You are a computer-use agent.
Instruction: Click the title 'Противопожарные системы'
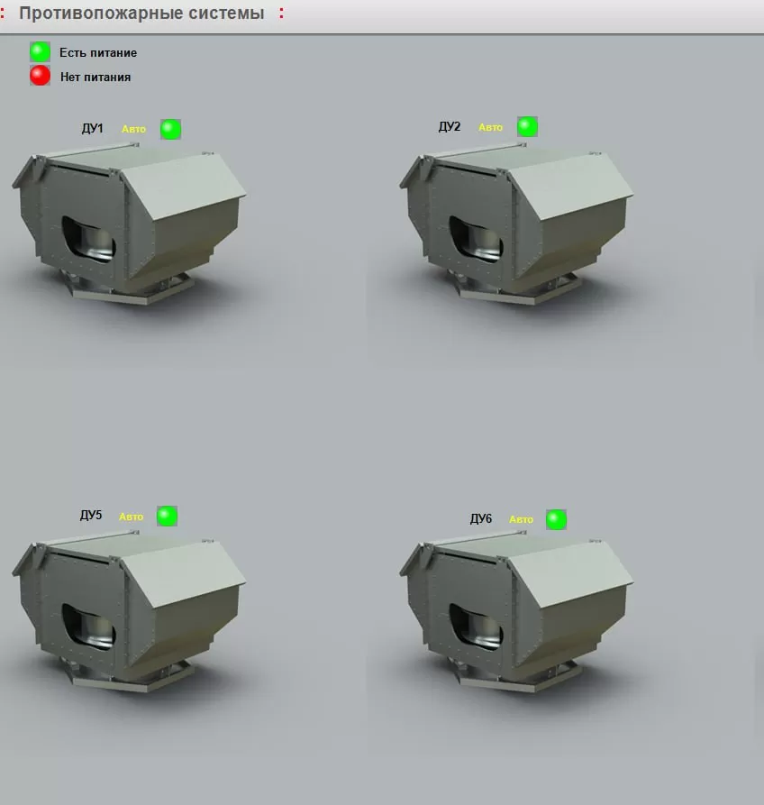click(x=141, y=14)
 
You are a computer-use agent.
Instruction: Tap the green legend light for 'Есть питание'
click(x=40, y=52)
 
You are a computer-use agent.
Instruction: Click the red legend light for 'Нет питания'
click(x=40, y=76)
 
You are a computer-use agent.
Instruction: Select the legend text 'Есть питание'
click(x=98, y=53)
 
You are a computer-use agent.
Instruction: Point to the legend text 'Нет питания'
click(x=95, y=77)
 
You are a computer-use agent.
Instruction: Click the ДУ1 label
click(x=93, y=128)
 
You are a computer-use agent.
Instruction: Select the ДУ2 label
click(x=450, y=127)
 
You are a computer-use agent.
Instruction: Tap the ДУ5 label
click(x=91, y=515)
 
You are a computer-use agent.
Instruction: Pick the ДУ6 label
click(x=481, y=518)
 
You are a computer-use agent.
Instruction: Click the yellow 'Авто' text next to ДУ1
click(x=133, y=130)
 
